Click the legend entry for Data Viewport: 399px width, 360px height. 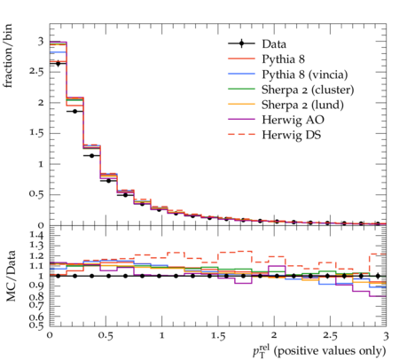tap(274, 43)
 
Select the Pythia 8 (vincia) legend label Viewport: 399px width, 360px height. tap(305, 74)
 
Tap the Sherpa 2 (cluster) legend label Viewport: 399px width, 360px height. tap(308, 90)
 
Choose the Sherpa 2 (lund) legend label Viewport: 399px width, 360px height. tap(302, 105)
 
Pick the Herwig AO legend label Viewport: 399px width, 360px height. tap(293, 120)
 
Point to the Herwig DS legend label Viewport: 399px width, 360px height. tap(292, 135)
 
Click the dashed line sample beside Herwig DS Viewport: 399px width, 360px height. tap(241, 135)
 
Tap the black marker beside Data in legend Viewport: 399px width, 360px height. tap(241, 43)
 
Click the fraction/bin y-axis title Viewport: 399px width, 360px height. tap(7, 56)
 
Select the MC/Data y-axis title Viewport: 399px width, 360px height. tap(11, 276)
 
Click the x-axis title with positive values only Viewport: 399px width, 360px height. tap(319, 351)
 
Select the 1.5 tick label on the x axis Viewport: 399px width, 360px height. tap(218, 336)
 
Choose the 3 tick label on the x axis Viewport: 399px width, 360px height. tap(386, 336)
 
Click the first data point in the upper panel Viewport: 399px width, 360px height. tap(58, 64)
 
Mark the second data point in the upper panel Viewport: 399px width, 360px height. tap(74, 112)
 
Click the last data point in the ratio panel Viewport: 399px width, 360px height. tap(378, 276)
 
